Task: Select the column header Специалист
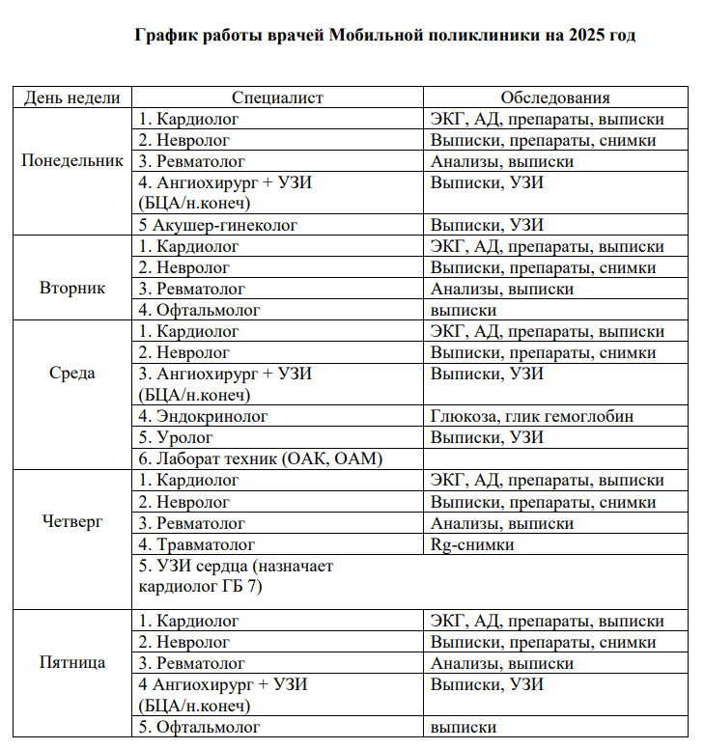pos(277,97)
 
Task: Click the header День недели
pos(72,97)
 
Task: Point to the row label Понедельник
pos(72,161)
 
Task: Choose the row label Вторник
pos(72,289)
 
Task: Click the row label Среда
pos(72,374)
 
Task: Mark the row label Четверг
pos(72,522)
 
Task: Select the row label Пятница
pos(72,663)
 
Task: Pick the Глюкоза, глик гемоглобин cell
pos(534,416)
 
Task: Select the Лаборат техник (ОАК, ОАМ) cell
pos(261,459)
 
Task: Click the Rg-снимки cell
pos(471,544)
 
